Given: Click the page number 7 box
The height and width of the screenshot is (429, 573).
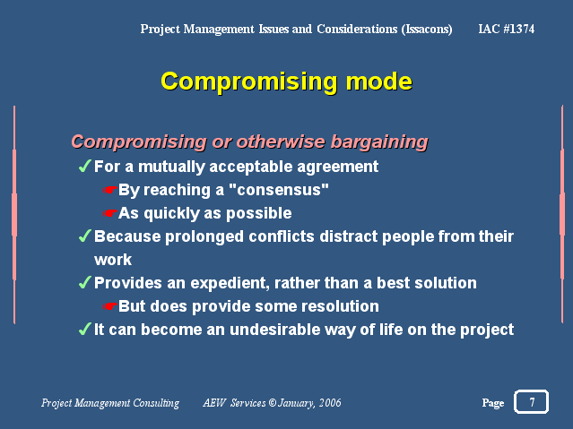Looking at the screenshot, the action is pyautogui.click(x=531, y=401).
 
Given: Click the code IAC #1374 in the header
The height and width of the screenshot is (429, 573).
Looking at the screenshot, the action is pyautogui.click(x=506, y=29).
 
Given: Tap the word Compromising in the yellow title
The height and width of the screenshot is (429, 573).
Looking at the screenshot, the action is pyautogui.click(x=249, y=82).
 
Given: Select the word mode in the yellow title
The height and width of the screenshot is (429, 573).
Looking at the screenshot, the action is pyautogui.click(x=379, y=82).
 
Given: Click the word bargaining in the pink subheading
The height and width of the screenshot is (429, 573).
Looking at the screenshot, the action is pyautogui.click(x=379, y=142).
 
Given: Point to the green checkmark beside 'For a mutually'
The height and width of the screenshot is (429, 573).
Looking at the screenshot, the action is pyautogui.click(x=85, y=166).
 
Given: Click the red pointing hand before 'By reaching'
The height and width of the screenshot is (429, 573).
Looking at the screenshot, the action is pyautogui.click(x=109, y=190).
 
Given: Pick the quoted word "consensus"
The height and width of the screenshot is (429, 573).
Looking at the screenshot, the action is pyautogui.click(x=279, y=190).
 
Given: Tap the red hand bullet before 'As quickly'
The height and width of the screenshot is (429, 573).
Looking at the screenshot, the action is pyautogui.click(x=109, y=213).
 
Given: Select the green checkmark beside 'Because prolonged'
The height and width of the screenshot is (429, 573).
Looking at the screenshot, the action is pyautogui.click(x=85, y=236).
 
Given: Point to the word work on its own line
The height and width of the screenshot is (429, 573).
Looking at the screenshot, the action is pyautogui.click(x=113, y=260).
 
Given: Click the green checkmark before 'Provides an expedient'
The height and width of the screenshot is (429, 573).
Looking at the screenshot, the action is pyautogui.click(x=85, y=282).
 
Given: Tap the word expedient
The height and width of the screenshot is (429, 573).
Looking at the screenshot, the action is pyautogui.click(x=230, y=283).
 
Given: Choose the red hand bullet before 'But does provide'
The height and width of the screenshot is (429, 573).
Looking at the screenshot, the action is pyautogui.click(x=109, y=306).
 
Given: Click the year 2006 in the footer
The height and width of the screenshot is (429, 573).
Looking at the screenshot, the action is pyautogui.click(x=330, y=403).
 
